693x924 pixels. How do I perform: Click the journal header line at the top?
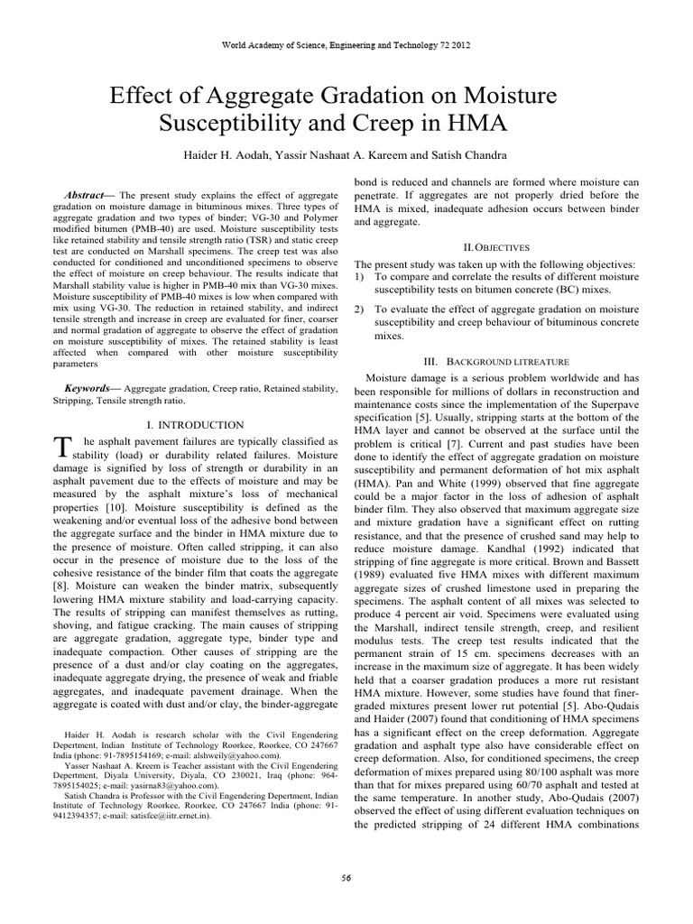tap(346, 44)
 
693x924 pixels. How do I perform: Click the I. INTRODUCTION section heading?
tap(194, 424)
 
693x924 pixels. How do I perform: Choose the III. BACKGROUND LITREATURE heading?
tap(494, 360)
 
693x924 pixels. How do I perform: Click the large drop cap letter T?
tap(62, 448)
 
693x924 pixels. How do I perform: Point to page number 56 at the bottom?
tap(346, 877)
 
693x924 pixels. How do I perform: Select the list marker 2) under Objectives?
tap(359, 309)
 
